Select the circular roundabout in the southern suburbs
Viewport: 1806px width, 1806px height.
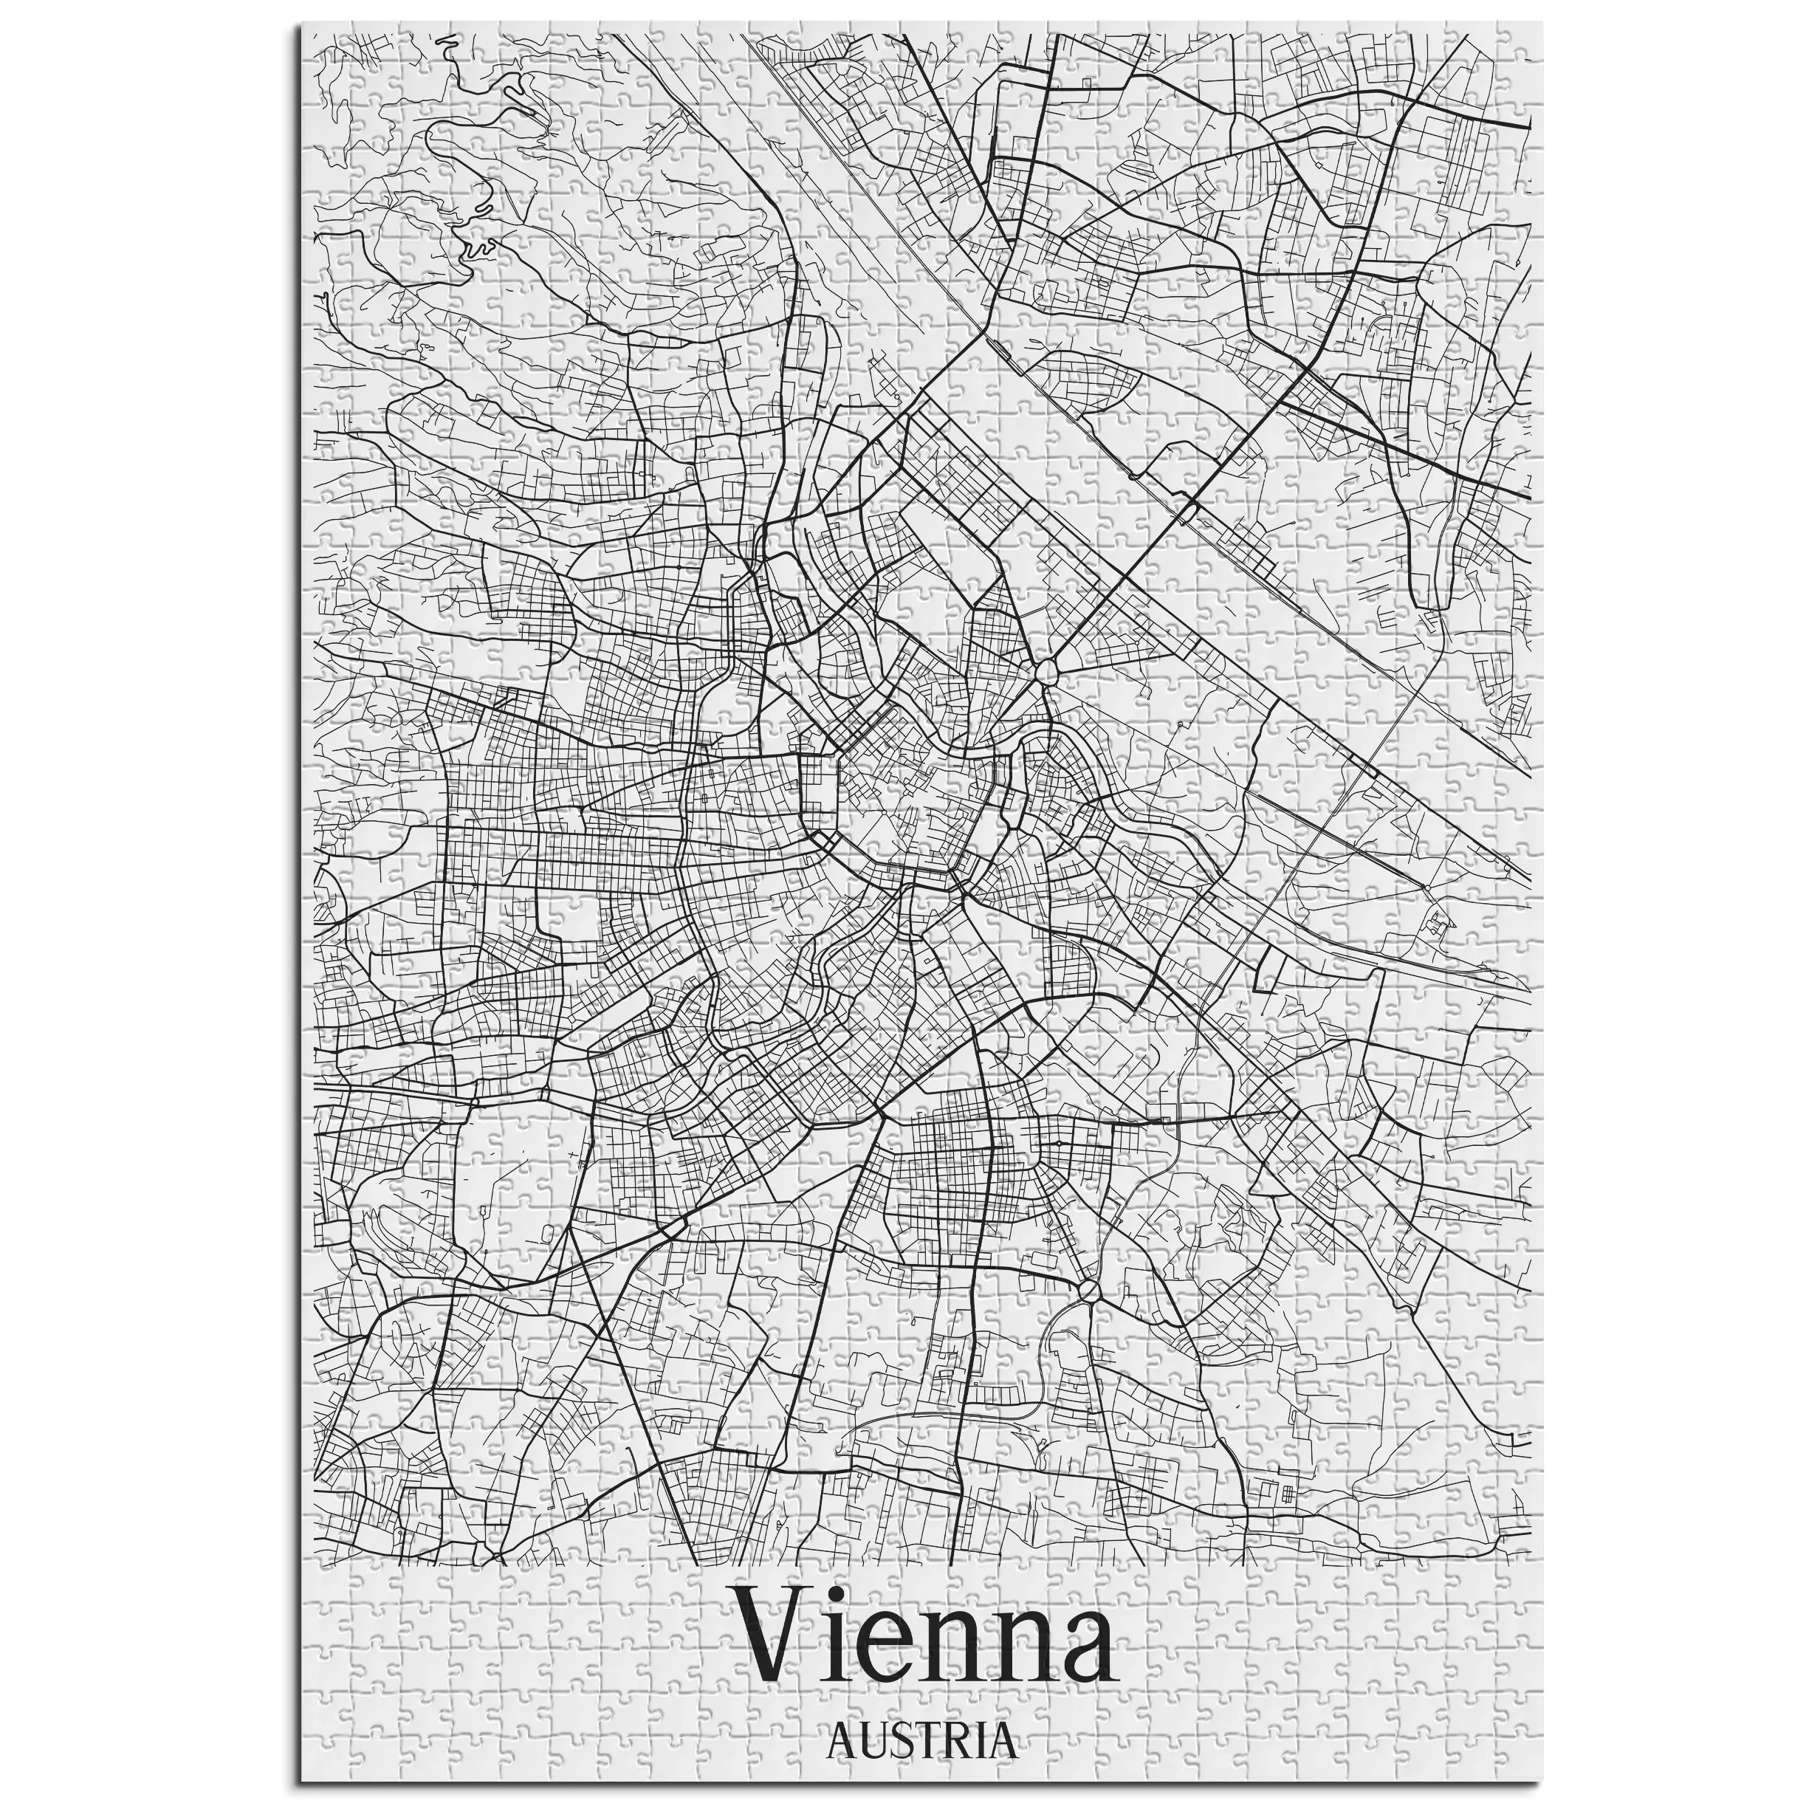1089,1291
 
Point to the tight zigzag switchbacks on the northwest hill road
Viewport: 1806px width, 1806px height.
479,249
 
